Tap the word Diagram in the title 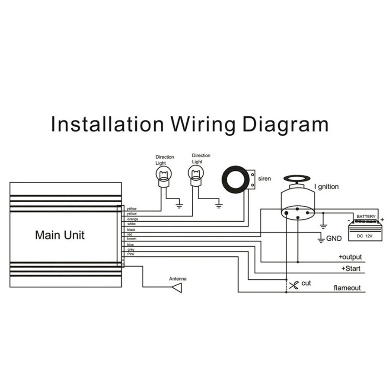click(285, 124)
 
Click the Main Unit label click(60, 235)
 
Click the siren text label click(265, 178)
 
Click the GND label click(334, 238)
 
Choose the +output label click(350, 257)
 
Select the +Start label click(351, 269)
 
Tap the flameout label click(347, 288)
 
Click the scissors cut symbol click(294, 285)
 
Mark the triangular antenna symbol click(177, 288)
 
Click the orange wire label click(132, 219)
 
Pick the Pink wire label click(131, 254)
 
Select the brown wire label click(131, 239)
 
